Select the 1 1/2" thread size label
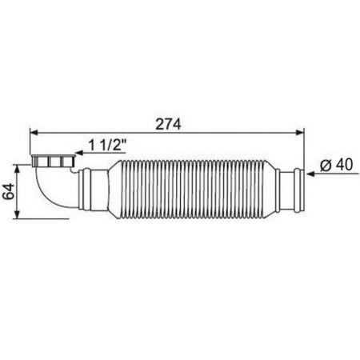(106, 146)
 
